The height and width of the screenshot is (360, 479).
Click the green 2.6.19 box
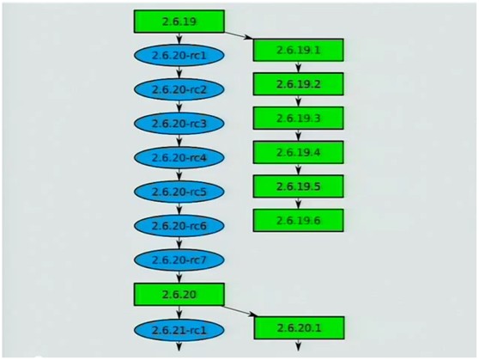pos(179,21)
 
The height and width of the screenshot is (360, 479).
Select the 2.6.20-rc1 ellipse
pos(179,55)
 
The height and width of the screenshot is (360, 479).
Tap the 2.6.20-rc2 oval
pos(179,89)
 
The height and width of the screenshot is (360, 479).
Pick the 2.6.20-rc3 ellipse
pos(179,123)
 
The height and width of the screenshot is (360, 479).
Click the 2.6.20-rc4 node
pos(179,157)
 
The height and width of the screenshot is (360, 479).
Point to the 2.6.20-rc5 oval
pos(179,192)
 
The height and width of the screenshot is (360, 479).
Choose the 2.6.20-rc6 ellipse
pos(179,226)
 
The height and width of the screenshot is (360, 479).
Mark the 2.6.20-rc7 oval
pos(179,259)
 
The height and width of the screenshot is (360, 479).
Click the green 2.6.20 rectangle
pos(179,294)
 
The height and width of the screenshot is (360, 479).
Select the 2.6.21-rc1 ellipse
pos(179,330)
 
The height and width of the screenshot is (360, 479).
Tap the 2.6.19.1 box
pos(298,50)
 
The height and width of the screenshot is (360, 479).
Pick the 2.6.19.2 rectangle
pos(298,84)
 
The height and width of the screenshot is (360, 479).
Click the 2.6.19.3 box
pos(298,118)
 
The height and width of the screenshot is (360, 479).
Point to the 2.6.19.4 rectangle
pos(298,152)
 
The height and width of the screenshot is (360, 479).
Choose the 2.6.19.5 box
pos(298,186)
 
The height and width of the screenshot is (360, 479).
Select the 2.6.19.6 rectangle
pos(298,220)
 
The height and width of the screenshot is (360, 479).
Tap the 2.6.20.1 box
pos(299,328)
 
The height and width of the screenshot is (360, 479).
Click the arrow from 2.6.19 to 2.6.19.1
pos(239,35)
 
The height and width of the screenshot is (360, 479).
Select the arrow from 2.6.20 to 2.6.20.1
pos(240,310)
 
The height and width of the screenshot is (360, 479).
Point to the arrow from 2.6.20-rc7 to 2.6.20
pos(179,277)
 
